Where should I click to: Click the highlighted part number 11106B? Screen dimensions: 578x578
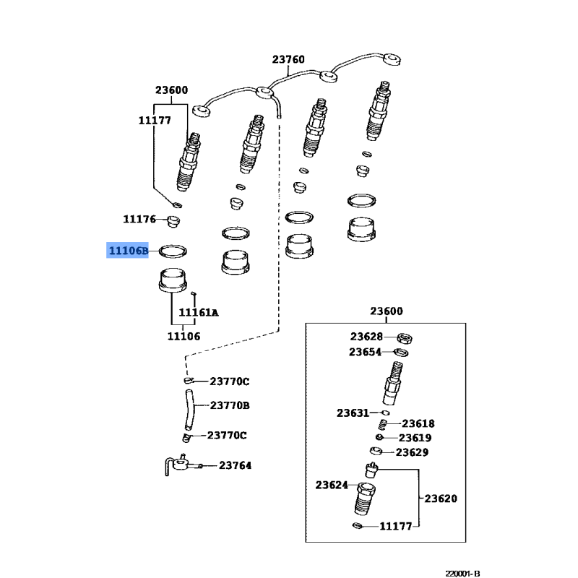tap(129, 251)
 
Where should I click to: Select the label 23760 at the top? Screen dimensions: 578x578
tap(288, 59)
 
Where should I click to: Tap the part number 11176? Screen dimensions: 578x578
tap(139, 219)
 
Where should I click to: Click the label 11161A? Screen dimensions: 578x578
tap(198, 313)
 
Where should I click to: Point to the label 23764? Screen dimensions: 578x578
tap(236, 465)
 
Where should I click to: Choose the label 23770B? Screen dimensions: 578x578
tap(230, 405)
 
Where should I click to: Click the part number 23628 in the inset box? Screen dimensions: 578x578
tap(366, 337)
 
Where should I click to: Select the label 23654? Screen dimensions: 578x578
tap(366, 352)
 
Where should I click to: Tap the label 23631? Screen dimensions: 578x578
tap(353, 413)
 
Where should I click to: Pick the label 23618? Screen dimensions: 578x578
tap(418, 423)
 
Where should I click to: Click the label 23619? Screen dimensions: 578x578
tap(415, 438)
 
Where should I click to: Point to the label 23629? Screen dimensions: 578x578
tap(412, 452)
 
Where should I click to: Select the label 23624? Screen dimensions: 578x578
tap(332, 485)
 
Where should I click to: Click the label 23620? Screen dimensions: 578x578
tap(441, 499)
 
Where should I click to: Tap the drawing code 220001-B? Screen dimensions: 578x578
tap(462, 574)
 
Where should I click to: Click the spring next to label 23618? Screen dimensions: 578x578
tap(384, 425)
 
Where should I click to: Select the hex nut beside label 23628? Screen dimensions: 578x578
tap(405, 337)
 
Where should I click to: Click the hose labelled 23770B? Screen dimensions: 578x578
tap(189, 410)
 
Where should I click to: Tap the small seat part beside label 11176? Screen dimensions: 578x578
tap(173, 221)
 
